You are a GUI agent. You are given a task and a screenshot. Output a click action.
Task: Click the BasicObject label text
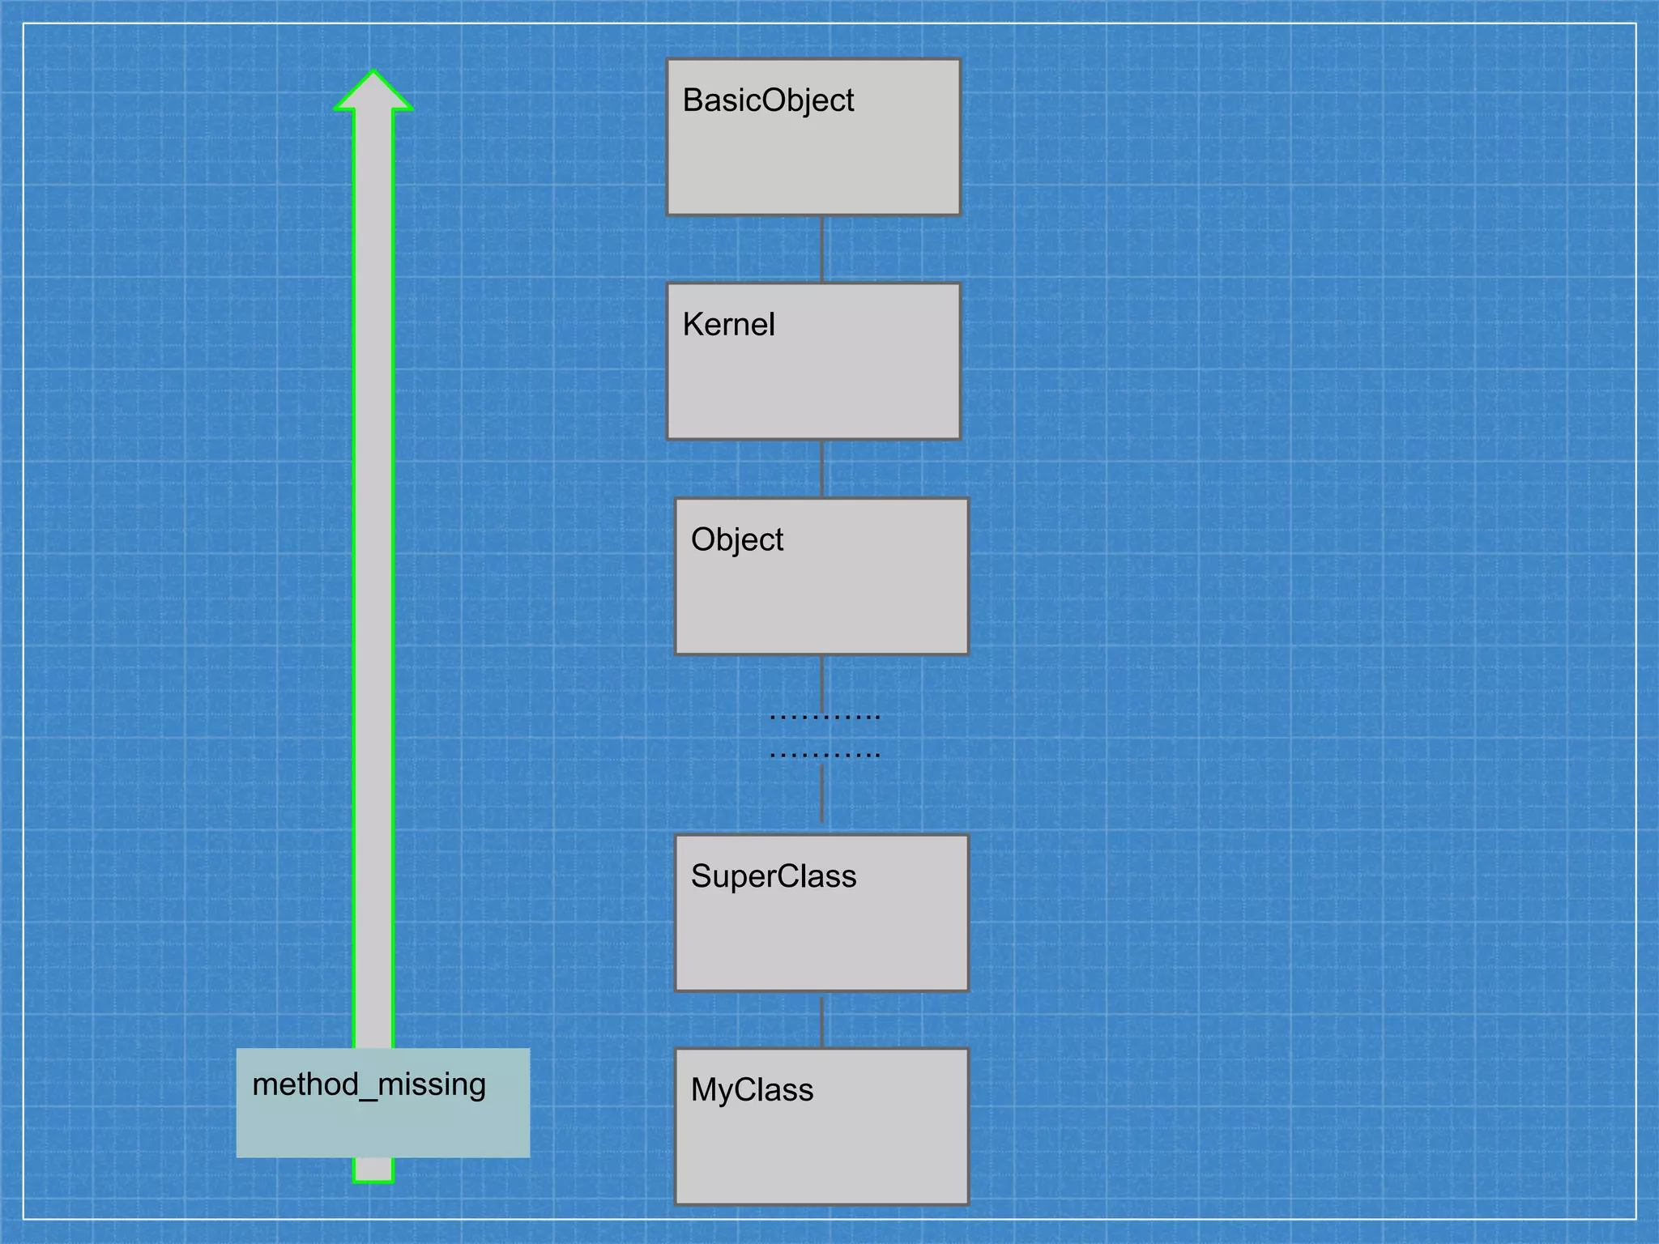(x=768, y=101)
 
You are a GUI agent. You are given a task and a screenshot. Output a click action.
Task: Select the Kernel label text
(x=728, y=325)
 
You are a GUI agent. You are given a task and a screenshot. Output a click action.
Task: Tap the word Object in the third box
(x=737, y=540)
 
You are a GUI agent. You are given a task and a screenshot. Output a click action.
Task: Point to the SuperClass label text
(x=774, y=876)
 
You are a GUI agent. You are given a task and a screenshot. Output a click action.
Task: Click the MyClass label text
(x=752, y=1090)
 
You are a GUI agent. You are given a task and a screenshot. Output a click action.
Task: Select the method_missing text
(x=369, y=1084)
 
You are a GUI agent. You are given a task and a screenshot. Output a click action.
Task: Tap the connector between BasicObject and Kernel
(x=822, y=249)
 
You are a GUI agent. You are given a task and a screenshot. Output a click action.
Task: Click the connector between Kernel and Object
(x=822, y=469)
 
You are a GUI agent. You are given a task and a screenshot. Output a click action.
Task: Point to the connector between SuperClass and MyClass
(x=822, y=1020)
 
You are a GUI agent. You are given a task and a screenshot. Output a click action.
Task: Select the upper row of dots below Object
(x=824, y=717)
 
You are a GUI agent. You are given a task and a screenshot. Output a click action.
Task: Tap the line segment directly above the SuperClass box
(x=822, y=794)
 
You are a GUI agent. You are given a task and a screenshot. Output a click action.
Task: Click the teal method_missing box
(x=454, y=1130)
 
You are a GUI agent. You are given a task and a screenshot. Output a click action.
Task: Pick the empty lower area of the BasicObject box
(x=813, y=170)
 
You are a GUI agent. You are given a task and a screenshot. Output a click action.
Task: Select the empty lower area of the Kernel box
(x=813, y=393)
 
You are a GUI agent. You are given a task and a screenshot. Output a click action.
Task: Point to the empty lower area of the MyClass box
(x=821, y=1158)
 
